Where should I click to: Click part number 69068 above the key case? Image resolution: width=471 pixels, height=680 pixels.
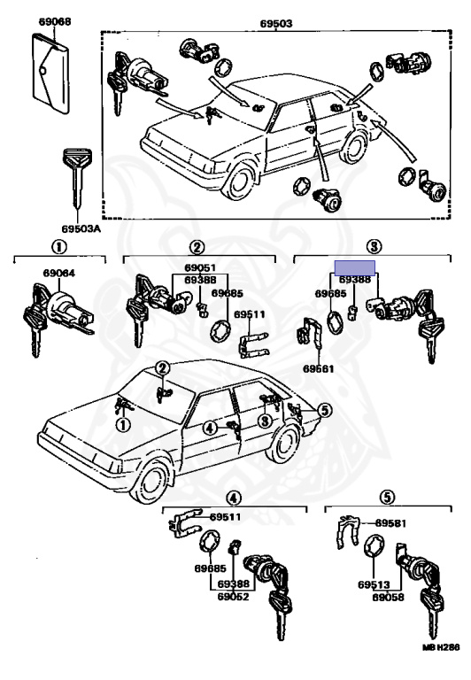(x=55, y=21)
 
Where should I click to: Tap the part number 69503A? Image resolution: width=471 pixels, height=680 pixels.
(x=81, y=228)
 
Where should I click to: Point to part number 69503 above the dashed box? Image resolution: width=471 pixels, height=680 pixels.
(x=276, y=23)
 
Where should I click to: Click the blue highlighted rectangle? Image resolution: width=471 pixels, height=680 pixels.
(x=355, y=268)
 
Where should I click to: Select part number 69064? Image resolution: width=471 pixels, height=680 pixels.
(x=58, y=274)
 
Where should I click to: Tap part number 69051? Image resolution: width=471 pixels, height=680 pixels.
(x=200, y=268)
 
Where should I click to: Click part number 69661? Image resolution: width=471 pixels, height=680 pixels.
(x=319, y=369)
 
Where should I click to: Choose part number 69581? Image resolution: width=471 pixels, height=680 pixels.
(x=390, y=523)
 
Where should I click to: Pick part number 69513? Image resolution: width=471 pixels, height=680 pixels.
(x=374, y=584)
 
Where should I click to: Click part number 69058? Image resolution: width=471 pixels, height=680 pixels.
(x=388, y=597)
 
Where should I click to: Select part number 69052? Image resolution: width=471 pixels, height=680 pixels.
(x=234, y=597)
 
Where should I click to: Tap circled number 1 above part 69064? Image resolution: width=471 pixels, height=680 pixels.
(x=59, y=248)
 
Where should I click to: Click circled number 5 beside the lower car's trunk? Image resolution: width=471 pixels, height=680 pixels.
(x=324, y=409)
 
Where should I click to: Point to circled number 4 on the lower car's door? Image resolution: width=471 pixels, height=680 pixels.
(x=210, y=429)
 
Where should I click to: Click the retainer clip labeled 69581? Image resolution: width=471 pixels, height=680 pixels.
(x=347, y=531)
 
